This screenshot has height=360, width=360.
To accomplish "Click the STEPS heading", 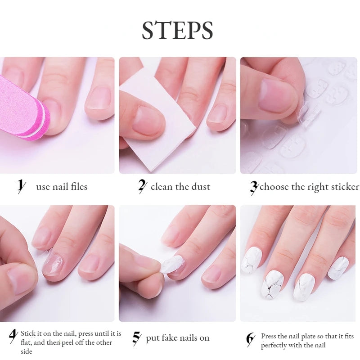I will pos(177,31).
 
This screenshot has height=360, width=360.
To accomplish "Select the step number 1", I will pos(20,186).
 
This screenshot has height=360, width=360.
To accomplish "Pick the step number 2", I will pos(142,186).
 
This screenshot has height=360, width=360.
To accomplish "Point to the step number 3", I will pos(254,186).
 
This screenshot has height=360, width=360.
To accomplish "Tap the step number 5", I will pos(136,337).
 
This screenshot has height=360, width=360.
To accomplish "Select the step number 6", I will pos(250,338).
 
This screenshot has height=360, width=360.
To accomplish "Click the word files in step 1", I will pos(76,186).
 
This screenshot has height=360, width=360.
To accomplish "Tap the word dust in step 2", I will pos(201,186).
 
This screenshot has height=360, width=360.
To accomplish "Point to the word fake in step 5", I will pos(175,338).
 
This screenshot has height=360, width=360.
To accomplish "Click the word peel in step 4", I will pos(71,342).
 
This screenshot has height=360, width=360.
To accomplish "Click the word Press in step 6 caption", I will pos(269,336).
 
